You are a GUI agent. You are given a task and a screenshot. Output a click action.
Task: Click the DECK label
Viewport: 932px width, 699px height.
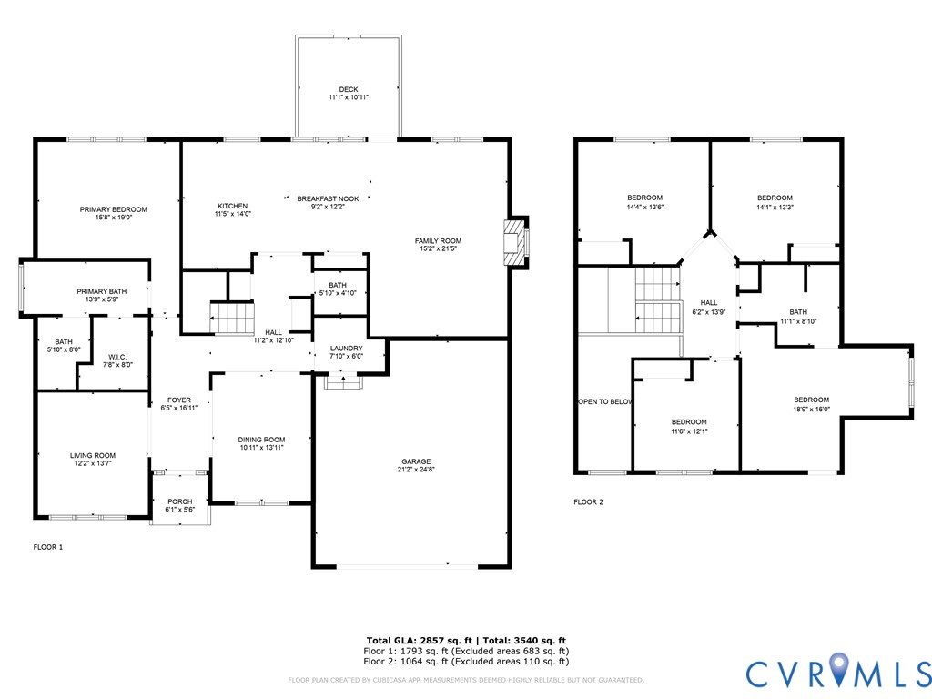tap(349, 89)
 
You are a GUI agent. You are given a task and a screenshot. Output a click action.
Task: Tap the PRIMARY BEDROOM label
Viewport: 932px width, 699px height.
tap(114, 209)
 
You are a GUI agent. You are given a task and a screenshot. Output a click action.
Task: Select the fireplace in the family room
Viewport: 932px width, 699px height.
tap(515, 242)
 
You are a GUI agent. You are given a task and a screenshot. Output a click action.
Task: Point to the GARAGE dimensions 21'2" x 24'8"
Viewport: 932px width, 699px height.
tap(416, 470)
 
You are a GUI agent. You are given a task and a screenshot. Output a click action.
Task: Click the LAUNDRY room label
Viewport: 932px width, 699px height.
tap(346, 349)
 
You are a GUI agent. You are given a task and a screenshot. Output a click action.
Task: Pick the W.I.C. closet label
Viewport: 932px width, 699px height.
tap(117, 357)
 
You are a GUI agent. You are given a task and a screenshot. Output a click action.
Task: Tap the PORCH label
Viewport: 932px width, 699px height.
tap(179, 501)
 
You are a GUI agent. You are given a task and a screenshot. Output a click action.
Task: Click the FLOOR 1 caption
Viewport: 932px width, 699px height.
tap(48, 547)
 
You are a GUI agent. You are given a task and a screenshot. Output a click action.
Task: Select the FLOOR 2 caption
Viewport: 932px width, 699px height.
tap(589, 502)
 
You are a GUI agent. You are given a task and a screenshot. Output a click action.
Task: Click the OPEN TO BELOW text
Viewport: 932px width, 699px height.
tap(605, 401)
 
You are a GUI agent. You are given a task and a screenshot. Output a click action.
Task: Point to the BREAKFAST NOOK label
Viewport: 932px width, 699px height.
tap(328, 198)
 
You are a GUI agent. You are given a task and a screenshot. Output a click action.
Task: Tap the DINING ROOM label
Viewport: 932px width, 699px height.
tap(261, 440)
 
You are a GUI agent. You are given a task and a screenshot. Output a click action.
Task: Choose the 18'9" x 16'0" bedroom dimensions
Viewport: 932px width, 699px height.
tap(811, 409)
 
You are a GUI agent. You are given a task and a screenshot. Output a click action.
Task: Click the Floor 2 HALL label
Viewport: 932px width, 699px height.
tap(709, 302)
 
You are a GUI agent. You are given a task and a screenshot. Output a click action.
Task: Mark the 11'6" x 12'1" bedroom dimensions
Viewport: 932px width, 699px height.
tap(689, 431)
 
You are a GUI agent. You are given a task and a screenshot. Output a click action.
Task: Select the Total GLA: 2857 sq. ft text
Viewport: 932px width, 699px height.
tap(419, 640)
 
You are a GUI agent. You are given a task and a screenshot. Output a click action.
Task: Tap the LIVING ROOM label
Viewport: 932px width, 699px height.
tap(93, 456)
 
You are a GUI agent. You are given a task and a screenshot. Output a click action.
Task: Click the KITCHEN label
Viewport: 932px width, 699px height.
tap(232, 206)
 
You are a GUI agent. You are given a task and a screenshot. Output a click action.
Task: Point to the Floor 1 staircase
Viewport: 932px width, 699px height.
tap(232, 319)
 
